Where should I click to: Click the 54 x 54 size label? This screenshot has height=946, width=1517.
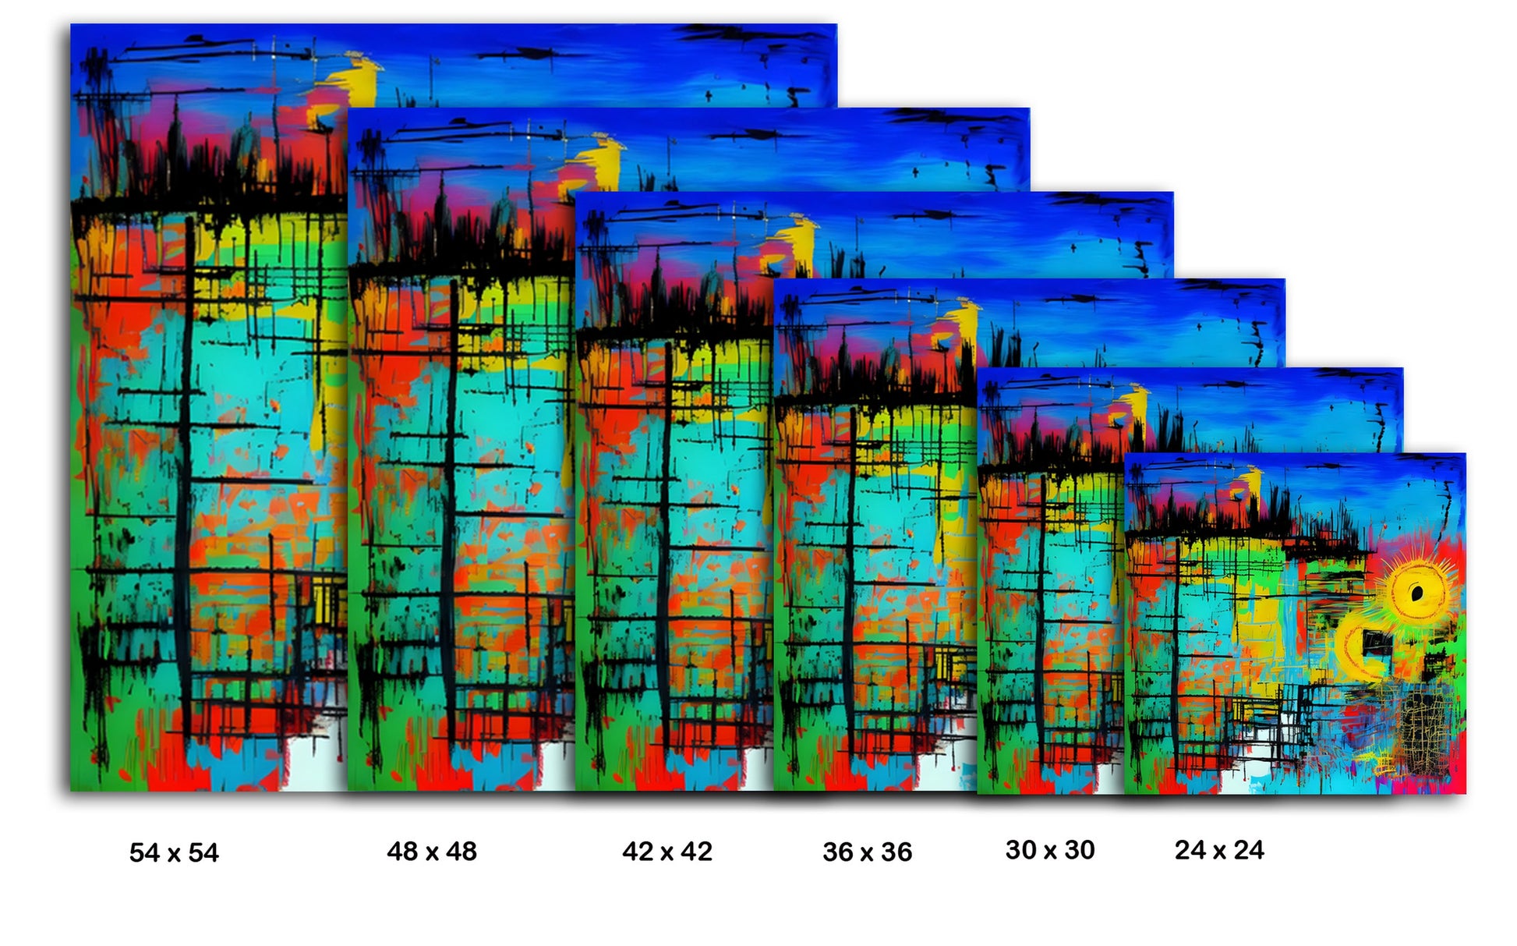pos(174,852)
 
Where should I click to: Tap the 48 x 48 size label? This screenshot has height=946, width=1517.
pos(432,851)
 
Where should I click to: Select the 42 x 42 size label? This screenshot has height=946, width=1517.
pos(667,851)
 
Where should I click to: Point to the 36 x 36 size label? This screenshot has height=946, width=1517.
pos(867,852)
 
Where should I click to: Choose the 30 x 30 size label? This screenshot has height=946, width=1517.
pos(1050,849)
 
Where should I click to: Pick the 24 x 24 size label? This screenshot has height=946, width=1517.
pos(1219,849)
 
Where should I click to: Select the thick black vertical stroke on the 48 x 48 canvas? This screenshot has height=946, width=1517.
pos(450,507)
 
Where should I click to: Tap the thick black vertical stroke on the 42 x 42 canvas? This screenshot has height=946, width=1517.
pos(665,546)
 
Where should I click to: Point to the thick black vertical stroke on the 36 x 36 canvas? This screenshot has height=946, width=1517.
pos(850,577)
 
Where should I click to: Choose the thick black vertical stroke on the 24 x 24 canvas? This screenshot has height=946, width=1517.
pos(1176,663)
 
